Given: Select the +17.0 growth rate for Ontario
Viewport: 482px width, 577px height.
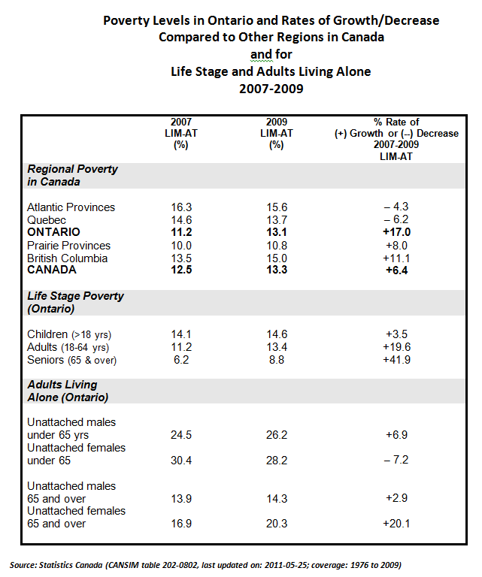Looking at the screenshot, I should point(396,232).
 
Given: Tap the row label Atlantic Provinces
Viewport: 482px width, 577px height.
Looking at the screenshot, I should point(71,207).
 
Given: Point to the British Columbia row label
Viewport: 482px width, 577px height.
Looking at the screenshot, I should point(67,258).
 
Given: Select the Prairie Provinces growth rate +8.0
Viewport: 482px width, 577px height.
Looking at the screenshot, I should point(396,245).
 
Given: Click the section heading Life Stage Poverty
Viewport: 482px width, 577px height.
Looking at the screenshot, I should point(75,296).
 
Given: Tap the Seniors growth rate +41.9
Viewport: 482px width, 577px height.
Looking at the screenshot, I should point(396,360).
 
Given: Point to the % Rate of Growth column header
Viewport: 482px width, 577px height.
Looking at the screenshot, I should point(396,138).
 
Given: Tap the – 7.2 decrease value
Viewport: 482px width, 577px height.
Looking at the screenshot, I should point(396,461).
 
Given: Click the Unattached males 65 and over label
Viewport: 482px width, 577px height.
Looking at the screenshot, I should point(71,492).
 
